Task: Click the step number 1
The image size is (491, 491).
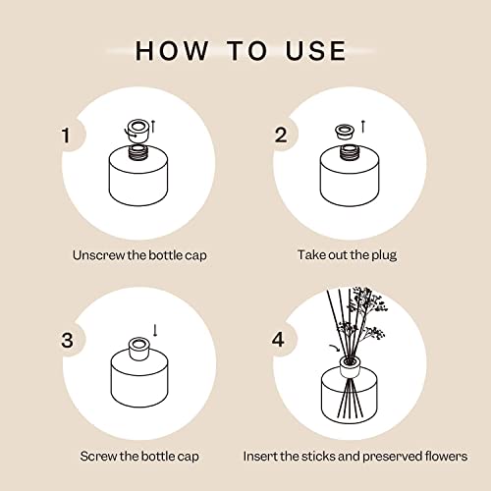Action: coord(67,136)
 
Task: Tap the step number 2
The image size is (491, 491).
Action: coord(281,136)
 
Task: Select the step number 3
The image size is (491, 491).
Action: coord(67,341)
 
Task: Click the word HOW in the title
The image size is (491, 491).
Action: coord(173,50)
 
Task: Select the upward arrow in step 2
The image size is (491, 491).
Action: coord(363,125)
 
